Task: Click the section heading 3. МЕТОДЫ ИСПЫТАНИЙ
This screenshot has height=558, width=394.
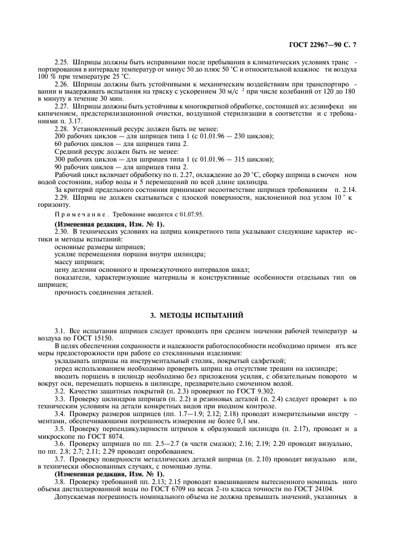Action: click(197, 314)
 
